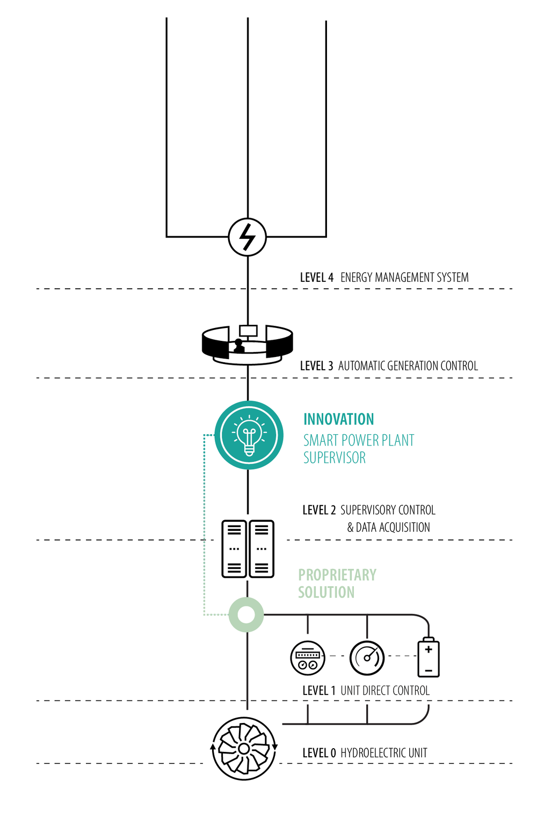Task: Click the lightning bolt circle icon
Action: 248,237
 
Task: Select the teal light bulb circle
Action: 249,435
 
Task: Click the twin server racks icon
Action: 248,549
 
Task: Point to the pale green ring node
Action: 246,615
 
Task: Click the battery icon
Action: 429,657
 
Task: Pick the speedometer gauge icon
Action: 367,658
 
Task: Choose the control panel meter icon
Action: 308,658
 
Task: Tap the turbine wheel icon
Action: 244,748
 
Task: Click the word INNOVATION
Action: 339,419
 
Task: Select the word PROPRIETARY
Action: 337,575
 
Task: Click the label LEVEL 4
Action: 316,277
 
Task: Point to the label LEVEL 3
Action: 316,366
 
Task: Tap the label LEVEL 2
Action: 319,510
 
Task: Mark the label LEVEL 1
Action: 319,691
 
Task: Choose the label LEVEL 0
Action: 319,753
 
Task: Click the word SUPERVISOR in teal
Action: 335,458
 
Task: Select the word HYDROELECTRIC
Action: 373,753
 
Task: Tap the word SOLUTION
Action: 326,592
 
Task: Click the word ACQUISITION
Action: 404,528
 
